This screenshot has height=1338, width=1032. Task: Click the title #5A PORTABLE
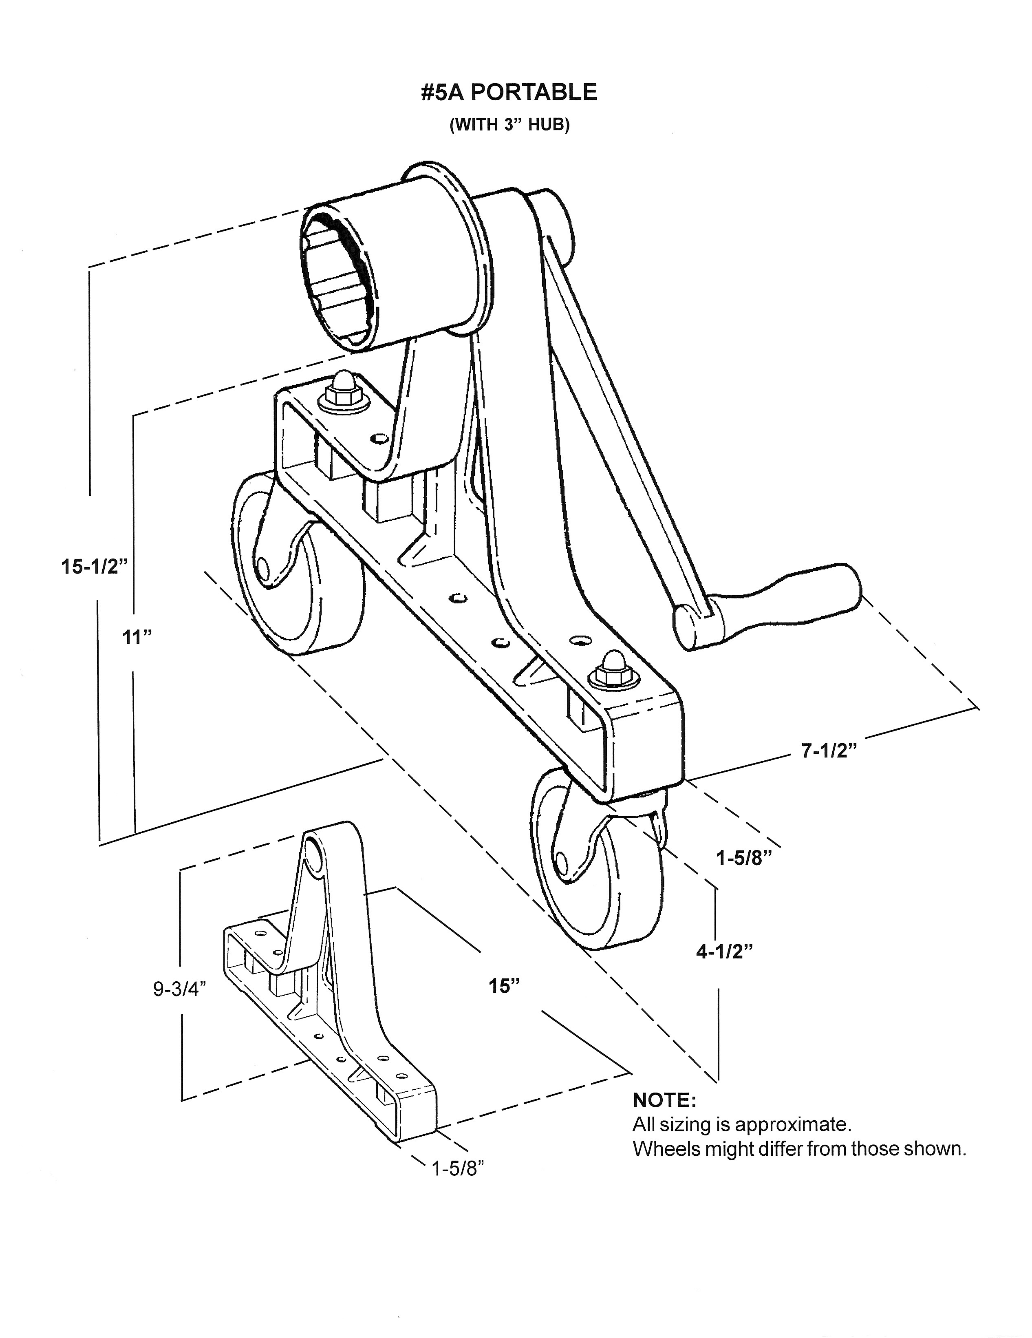tap(508, 93)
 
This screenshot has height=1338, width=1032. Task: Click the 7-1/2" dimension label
tap(829, 751)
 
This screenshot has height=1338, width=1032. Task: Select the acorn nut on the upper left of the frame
tap(341, 389)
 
